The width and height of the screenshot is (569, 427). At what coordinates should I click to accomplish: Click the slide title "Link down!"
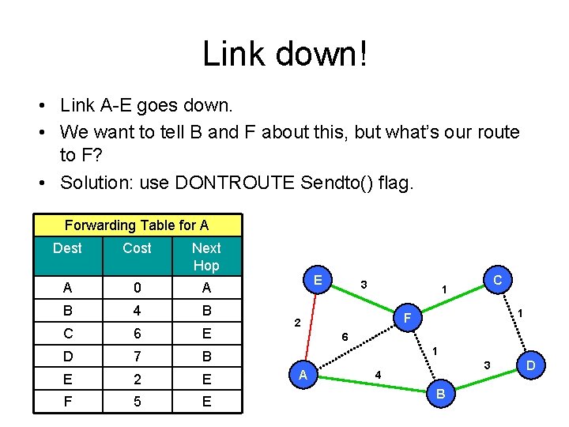click(284, 54)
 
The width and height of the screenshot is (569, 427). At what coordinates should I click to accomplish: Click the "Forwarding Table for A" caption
click(137, 225)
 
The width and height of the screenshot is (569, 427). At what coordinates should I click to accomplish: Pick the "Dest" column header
click(67, 248)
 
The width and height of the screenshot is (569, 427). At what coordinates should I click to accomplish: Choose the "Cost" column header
click(137, 248)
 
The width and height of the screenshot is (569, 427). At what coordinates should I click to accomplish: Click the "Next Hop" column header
click(206, 257)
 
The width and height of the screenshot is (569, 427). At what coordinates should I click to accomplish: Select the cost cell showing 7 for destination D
click(137, 357)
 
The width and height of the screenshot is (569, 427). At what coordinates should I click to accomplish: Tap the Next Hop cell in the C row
click(206, 334)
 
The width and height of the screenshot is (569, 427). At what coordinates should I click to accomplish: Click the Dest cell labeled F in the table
click(67, 402)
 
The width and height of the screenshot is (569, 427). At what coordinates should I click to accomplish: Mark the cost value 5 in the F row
click(137, 402)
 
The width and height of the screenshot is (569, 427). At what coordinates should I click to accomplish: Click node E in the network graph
click(318, 280)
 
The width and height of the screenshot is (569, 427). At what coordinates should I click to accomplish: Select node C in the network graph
click(497, 280)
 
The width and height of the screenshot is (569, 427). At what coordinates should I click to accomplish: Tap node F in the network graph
click(408, 319)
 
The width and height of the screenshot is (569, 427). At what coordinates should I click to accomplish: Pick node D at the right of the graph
click(531, 365)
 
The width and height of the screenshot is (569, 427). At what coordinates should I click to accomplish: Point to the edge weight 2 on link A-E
click(296, 323)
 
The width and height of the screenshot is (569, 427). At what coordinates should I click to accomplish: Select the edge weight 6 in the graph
click(345, 337)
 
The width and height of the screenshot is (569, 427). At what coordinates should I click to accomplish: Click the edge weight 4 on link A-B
click(378, 374)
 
